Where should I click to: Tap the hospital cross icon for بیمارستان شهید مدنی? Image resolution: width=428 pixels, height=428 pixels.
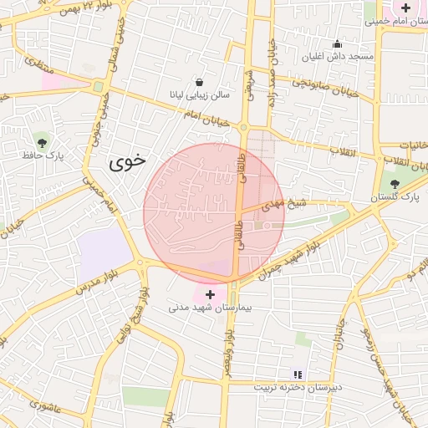click(209, 294)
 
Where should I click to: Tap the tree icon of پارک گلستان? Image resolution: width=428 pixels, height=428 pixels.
click(395, 184)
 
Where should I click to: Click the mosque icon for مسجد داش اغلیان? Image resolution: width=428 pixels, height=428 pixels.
click(338, 43)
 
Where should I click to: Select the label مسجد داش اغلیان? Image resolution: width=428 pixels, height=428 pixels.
click(338, 56)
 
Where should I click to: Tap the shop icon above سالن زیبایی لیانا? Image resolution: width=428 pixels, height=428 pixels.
click(200, 82)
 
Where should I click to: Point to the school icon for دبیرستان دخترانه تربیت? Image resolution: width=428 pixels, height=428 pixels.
click(296, 374)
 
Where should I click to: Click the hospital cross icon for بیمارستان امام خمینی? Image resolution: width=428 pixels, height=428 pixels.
click(405, 8)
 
